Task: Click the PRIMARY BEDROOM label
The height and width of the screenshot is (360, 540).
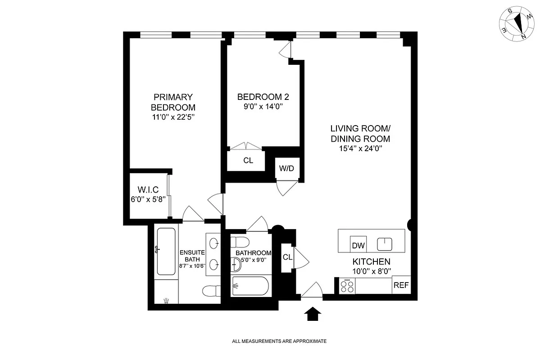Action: [x=173, y=102]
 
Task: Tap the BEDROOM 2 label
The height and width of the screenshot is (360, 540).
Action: [x=263, y=97]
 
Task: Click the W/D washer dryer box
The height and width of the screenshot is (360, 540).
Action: [x=286, y=169]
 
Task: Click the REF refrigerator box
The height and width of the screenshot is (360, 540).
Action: [x=401, y=285]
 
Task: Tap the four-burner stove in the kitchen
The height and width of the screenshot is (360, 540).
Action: [x=347, y=286]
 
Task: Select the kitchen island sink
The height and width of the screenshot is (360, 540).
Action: [x=384, y=244]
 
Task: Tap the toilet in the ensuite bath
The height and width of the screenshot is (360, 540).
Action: [x=211, y=291]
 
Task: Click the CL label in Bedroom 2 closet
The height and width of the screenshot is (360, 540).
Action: [x=248, y=160]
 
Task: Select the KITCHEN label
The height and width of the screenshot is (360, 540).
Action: [x=371, y=261]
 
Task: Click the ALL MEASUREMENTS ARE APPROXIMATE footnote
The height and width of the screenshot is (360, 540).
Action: [x=279, y=342]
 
